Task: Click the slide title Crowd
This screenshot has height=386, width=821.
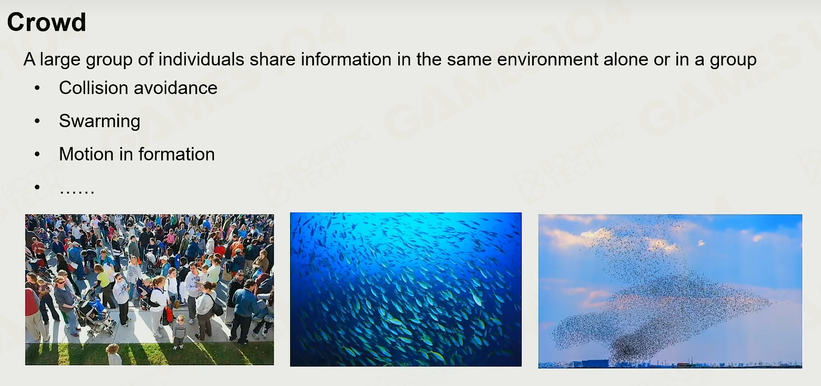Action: click(46, 23)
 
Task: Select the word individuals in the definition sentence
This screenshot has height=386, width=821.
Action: click(201, 59)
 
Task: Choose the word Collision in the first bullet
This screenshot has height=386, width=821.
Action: click(93, 88)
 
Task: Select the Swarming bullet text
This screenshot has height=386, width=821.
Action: click(100, 122)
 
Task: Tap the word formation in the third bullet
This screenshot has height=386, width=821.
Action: click(177, 154)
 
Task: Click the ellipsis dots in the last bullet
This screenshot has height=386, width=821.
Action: click(77, 191)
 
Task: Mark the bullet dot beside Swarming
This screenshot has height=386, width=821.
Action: click(37, 121)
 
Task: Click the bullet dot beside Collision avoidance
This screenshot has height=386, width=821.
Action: click(37, 88)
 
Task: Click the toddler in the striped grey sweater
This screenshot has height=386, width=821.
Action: click(179, 331)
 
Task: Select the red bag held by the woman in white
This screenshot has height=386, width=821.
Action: click(169, 315)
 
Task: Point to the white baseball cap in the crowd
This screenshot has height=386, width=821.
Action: click(164, 258)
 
